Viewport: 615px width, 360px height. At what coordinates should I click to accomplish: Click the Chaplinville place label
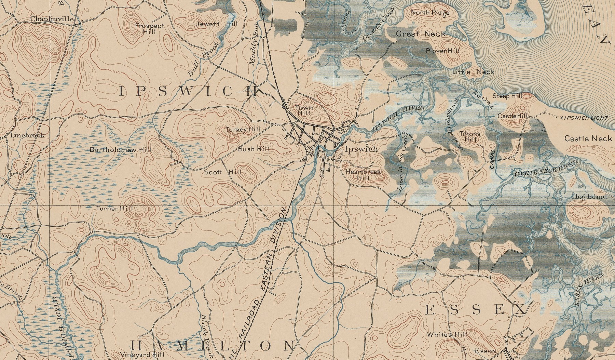tap(52, 19)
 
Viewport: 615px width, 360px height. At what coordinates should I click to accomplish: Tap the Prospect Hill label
tap(149, 29)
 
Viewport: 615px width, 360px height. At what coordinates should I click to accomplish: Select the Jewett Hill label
tap(216, 24)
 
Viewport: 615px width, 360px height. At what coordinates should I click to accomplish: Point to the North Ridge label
tap(430, 13)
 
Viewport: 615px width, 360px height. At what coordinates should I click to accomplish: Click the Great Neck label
tap(421, 34)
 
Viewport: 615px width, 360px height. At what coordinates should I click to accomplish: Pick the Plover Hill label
tap(442, 51)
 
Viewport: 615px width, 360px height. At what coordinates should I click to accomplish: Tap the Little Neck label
tap(473, 72)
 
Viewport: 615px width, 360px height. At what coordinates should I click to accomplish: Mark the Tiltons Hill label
tap(470, 136)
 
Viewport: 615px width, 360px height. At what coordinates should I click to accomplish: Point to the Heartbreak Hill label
tap(363, 175)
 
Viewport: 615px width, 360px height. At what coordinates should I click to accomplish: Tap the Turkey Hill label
tap(243, 130)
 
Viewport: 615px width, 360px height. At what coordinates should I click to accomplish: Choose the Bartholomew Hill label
tap(121, 150)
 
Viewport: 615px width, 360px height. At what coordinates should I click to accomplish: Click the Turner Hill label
tap(114, 208)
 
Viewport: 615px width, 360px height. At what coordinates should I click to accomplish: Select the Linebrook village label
tap(27, 135)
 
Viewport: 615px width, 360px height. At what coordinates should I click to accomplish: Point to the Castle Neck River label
tap(545, 168)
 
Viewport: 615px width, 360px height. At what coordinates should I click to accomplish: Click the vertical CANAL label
tap(492, 159)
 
